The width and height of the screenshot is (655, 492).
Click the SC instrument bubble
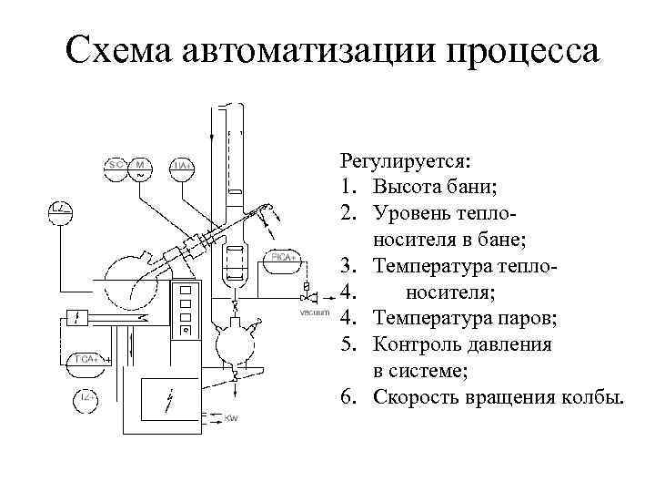[116, 167]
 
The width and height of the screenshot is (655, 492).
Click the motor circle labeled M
[141, 167]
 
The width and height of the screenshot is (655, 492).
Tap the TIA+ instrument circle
[182, 167]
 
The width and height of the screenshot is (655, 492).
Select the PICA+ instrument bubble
[283, 260]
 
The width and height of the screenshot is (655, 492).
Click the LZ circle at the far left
[60, 210]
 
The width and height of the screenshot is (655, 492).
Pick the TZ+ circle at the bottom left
[86, 399]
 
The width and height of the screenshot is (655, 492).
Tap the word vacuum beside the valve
[314, 313]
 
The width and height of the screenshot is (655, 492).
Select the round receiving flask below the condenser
[236, 343]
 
